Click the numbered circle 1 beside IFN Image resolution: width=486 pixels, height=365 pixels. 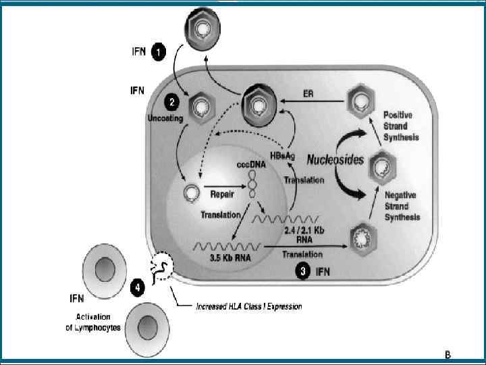click(157, 51)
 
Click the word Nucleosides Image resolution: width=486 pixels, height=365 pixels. click(335, 160)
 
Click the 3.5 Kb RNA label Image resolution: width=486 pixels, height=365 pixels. click(221, 256)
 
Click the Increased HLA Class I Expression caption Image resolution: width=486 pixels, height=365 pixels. click(248, 306)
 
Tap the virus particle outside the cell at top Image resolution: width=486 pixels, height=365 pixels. click(202, 29)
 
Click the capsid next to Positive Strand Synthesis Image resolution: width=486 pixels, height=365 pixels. click(358, 103)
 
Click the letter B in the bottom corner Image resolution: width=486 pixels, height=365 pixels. click(447, 354)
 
